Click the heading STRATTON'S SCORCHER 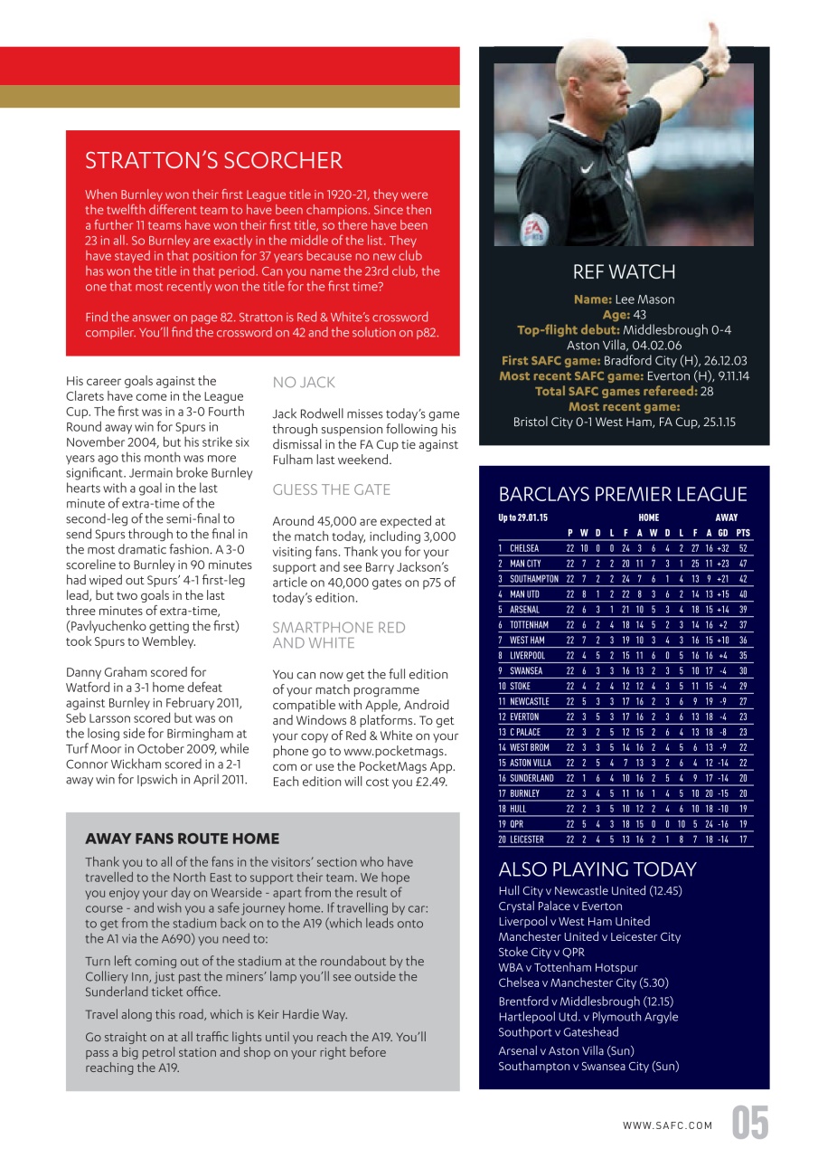[213, 161]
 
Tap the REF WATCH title [624, 272]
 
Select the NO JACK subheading [304, 383]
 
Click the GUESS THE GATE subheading [332, 489]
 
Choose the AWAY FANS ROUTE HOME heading [182, 839]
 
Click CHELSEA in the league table [524, 548]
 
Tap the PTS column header [743, 533]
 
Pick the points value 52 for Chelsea [743, 548]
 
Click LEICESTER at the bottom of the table [529, 840]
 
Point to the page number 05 [750, 1124]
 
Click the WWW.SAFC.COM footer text [667, 1125]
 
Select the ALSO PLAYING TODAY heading [597, 869]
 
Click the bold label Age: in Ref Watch [615, 315]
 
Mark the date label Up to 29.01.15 [523, 517]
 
